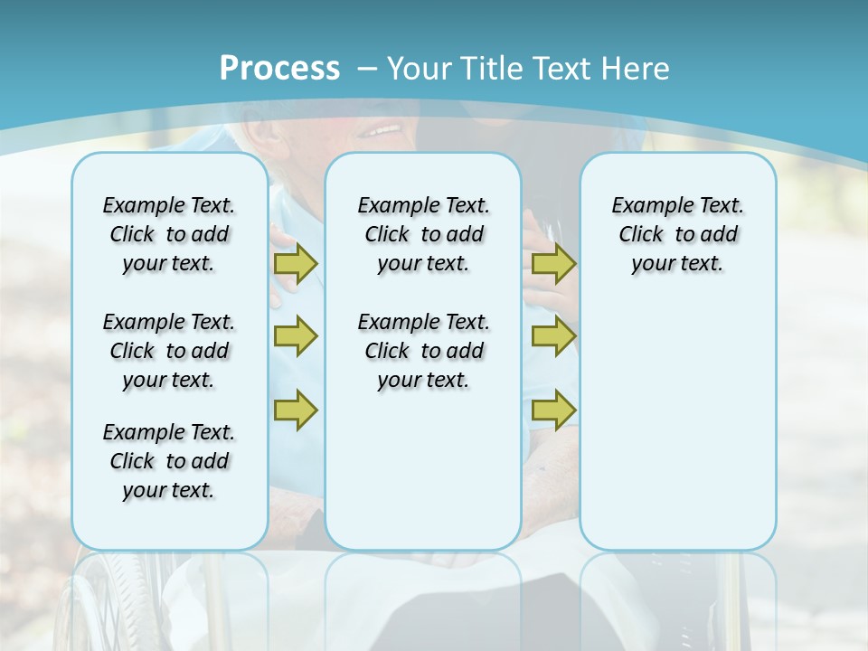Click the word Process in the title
click(x=279, y=68)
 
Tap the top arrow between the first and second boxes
click(x=296, y=263)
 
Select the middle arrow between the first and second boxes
click(x=296, y=336)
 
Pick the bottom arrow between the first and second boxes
click(x=296, y=410)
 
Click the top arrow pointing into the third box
click(x=553, y=263)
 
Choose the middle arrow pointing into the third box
click(x=553, y=336)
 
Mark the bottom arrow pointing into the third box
click(x=553, y=410)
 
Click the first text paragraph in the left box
click(x=169, y=234)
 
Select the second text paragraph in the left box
click(x=169, y=351)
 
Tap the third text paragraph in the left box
click(x=169, y=461)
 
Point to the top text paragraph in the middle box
click(x=423, y=234)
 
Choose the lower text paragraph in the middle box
click(x=423, y=351)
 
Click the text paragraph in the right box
click(x=677, y=234)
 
